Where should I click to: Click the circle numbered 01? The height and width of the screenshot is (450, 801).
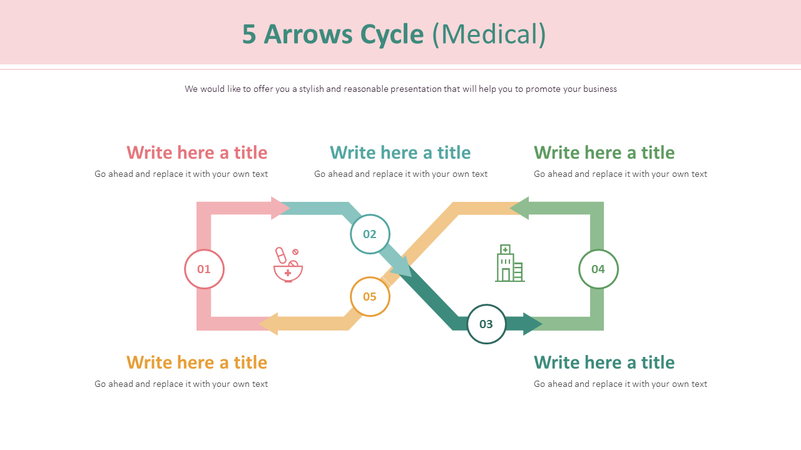[204, 269]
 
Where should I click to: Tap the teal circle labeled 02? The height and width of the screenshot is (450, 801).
[370, 234]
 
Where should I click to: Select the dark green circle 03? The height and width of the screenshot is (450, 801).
[486, 324]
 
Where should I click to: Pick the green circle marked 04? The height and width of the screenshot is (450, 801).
[598, 269]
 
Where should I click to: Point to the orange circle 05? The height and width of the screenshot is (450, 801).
[370, 296]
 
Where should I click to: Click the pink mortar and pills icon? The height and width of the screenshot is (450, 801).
[288, 264]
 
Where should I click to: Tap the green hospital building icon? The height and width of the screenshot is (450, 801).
[509, 263]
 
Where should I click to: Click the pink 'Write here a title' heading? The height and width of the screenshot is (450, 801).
[197, 152]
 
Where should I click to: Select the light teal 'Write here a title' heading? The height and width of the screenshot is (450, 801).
[400, 152]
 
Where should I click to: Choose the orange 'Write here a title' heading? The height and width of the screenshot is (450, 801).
[197, 362]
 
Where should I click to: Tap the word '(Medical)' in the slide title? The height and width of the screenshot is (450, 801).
[489, 34]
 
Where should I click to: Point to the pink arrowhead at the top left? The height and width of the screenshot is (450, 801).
[280, 208]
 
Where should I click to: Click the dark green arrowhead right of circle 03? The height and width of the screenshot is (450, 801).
[532, 324]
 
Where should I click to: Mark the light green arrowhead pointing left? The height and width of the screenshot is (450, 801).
[520, 208]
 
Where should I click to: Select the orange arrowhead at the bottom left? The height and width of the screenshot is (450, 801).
[270, 324]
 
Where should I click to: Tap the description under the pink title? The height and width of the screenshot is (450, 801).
[181, 174]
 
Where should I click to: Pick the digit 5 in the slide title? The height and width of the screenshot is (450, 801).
[249, 34]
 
